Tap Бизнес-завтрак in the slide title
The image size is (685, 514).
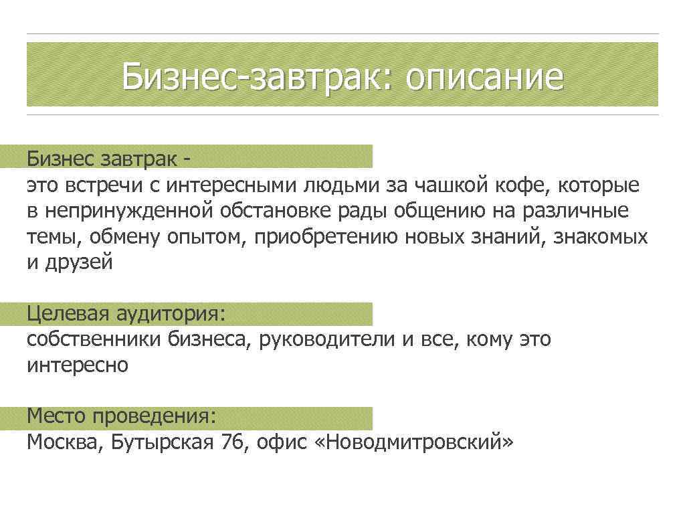pos(248,78)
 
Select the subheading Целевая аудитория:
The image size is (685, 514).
pos(126,313)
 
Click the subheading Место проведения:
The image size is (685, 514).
pos(122,416)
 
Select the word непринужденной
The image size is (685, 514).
pos(127,211)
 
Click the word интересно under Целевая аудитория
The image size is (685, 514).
pos(77,365)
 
